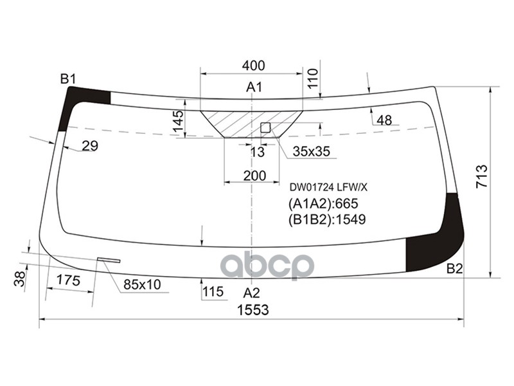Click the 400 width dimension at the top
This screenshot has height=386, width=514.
(254, 66)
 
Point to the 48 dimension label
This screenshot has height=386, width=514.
(384, 120)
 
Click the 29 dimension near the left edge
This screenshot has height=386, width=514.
(90, 146)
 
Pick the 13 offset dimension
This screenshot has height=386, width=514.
(258, 152)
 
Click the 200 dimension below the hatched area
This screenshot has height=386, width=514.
(254, 176)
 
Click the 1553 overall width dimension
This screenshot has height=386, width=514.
(253, 309)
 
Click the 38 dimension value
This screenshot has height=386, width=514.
(20, 279)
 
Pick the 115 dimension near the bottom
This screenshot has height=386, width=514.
(213, 292)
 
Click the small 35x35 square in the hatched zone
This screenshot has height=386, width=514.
(265, 127)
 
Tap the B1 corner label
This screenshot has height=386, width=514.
(68, 79)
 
